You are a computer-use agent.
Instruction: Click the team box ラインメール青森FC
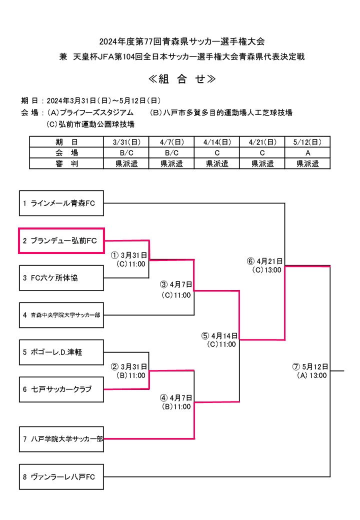(x=61, y=203)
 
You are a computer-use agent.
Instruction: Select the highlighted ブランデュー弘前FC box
(x=61, y=240)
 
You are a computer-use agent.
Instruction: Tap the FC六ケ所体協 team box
(x=61, y=278)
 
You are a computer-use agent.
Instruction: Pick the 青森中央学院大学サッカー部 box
(x=61, y=315)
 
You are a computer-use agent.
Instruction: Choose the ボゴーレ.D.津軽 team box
(x=61, y=352)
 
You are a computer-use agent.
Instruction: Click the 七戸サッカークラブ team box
(x=61, y=389)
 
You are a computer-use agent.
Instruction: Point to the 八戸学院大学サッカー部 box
(x=61, y=439)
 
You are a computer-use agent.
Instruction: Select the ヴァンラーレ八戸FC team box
(x=61, y=476)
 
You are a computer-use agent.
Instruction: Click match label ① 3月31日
(x=129, y=255)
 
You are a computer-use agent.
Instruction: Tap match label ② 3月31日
(x=129, y=366)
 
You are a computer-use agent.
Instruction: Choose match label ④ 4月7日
(x=176, y=398)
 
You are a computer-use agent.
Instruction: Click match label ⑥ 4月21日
(x=265, y=261)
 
